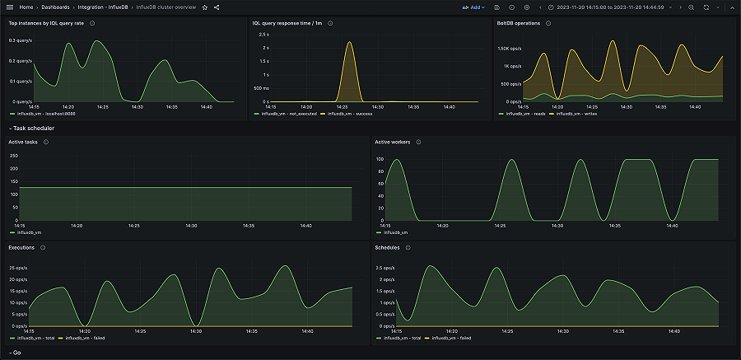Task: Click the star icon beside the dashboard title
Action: (x=205, y=7)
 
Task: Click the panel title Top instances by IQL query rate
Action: (x=46, y=23)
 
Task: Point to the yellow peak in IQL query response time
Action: (x=350, y=43)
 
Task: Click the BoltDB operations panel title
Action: (x=519, y=23)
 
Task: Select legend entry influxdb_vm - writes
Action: (x=578, y=114)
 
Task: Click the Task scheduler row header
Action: (x=34, y=129)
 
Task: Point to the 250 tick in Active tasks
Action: (x=13, y=154)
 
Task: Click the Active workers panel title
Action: (x=394, y=142)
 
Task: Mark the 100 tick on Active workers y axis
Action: (x=380, y=159)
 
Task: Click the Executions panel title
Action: (x=21, y=246)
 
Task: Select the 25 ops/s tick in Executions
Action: (x=17, y=268)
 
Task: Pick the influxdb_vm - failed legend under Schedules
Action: (x=454, y=338)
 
